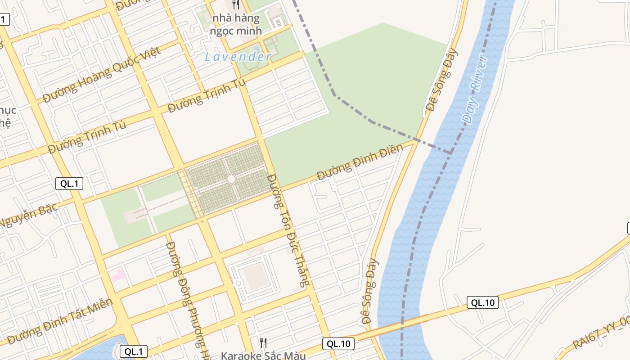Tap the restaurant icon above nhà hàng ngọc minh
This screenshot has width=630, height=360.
(x=236, y=4)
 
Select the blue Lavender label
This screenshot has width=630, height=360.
(x=238, y=57)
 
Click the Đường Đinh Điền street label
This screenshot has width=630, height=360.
(x=360, y=162)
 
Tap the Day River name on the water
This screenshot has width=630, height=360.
(x=475, y=90)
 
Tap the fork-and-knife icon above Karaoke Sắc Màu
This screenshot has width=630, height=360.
(x=263, y=343)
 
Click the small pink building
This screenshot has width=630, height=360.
(x=118, y=275)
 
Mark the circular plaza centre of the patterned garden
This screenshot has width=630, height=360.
(x=231, y=179)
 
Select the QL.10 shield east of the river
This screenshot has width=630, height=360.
(x=483, y=302)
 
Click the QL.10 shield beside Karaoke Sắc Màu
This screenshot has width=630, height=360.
(x=338, y=344)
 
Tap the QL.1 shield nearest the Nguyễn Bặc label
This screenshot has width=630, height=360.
(x=69, y=183)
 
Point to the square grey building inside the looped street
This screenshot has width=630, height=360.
(x=255, y=276)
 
